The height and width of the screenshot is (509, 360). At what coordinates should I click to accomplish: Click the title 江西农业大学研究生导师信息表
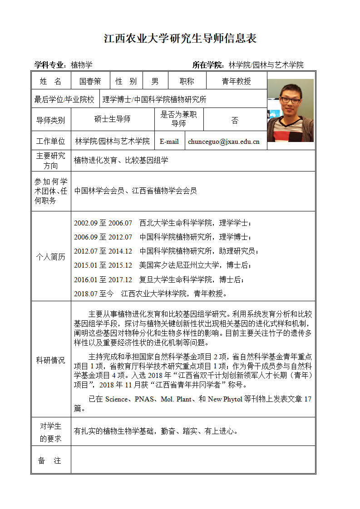pyautogui.click(x=180, y=38)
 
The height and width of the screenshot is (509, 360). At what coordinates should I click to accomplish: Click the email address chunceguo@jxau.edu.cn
pyautogui.click(x=224, y=142)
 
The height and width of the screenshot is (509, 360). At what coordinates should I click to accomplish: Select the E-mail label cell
pyautogui.click(x=169, y=142)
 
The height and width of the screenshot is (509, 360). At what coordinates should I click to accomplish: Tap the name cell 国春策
pyautogui.click(x=90, y=81)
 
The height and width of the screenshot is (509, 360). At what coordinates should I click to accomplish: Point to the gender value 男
pyautogui.click(x=155, y=81)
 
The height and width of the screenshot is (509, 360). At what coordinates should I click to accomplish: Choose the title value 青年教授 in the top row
pyautogui.click(x=236, y=81)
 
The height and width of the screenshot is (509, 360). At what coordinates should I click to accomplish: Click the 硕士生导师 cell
pyautogui.click(x=112, y=119)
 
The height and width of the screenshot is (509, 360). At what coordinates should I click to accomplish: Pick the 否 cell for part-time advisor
pyautogui.click(x=235, y=120)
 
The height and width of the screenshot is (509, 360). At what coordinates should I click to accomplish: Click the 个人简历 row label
pyautogui.click(x=50, y=257)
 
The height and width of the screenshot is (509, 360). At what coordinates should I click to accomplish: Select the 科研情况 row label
pyautogui.click(x=50, y=360)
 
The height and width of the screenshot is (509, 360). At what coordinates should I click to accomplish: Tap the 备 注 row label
pyautogui.click(x=50, y=460)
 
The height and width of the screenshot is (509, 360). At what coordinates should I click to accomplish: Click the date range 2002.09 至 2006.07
pyautogui.click(x=103, y=223)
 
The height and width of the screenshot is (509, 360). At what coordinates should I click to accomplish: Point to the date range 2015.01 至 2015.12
pyautogui.click(x=103, y=265)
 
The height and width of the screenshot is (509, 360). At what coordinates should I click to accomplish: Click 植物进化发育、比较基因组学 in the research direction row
pyautogui.click(x=121, y=160)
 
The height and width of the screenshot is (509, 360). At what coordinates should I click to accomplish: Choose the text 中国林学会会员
pyautogui.click(x=99, y=191)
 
